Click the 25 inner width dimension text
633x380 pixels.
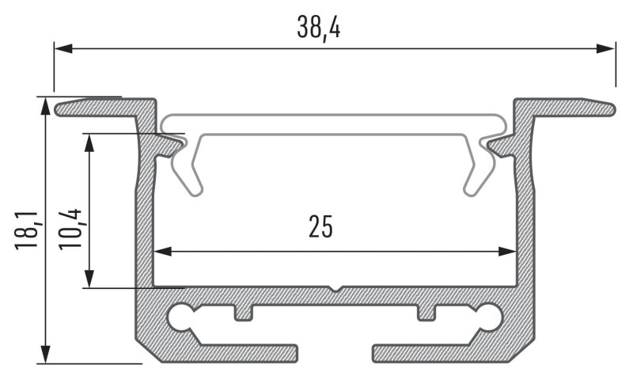[320, 226]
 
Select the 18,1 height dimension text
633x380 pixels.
[26, 230]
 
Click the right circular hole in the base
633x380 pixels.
[489, 317]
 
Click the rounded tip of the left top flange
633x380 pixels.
[60, 108]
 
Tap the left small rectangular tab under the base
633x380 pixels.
[244, 313]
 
